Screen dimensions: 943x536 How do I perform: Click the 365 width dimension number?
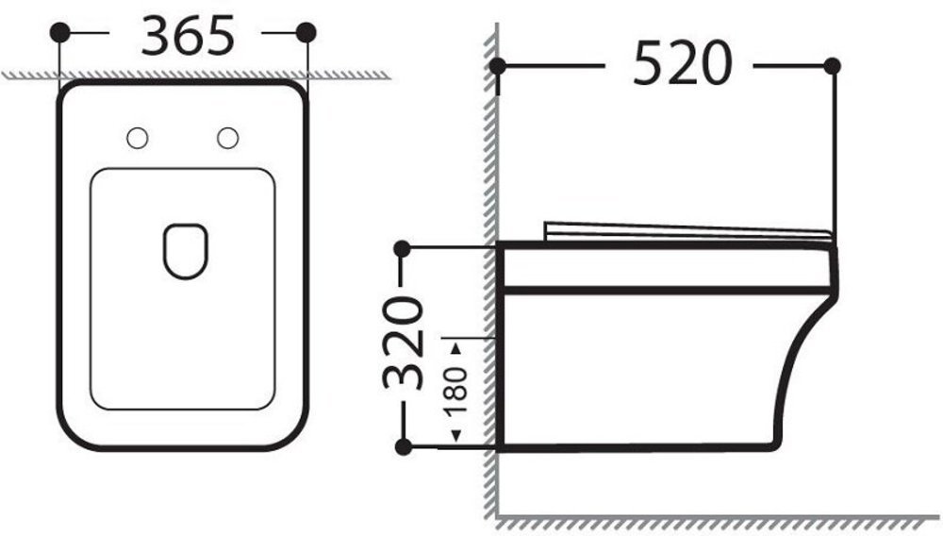pos(187,36)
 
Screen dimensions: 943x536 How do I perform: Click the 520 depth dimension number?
pos(683,63)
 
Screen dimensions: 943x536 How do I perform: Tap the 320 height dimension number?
pos(404,343)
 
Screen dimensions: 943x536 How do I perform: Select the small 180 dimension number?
pos(457,389)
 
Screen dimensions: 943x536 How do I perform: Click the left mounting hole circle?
pos(137,139)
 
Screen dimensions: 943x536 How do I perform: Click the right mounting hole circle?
pos(227,139)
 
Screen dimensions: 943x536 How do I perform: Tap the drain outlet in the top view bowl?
pos(185,251)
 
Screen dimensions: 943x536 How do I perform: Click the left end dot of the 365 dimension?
pos(59,32)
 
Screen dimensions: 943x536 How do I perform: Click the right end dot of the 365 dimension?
pos(306,32)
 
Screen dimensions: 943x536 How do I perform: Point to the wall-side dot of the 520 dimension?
pos(497,66)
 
